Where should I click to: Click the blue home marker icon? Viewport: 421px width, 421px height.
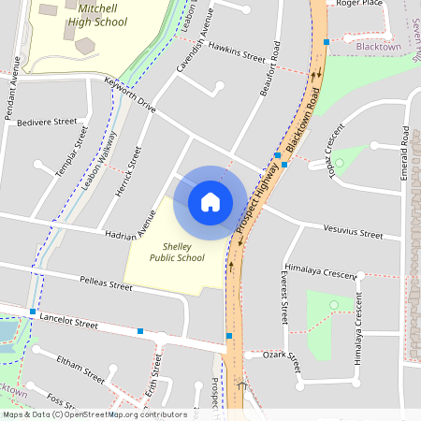[x=210, y=201]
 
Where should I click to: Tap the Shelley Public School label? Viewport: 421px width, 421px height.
[x=177, y=252]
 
